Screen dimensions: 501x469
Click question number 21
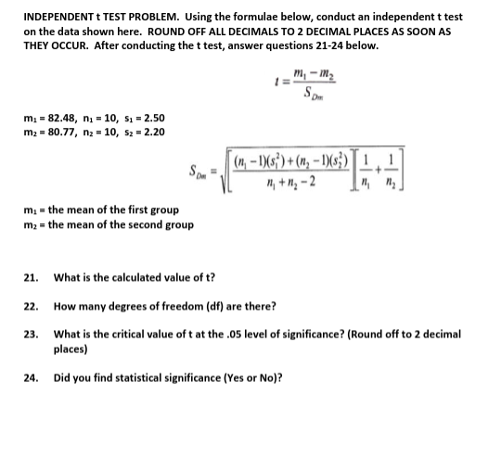tap(30, 277)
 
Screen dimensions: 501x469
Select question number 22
tap(30, 305)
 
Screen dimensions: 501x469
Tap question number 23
tap(30, 333)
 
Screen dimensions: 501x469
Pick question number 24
tap(30, 377)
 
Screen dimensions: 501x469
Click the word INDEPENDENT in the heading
tap(56, 17)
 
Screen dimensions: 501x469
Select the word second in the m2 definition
tap(132, 223)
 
